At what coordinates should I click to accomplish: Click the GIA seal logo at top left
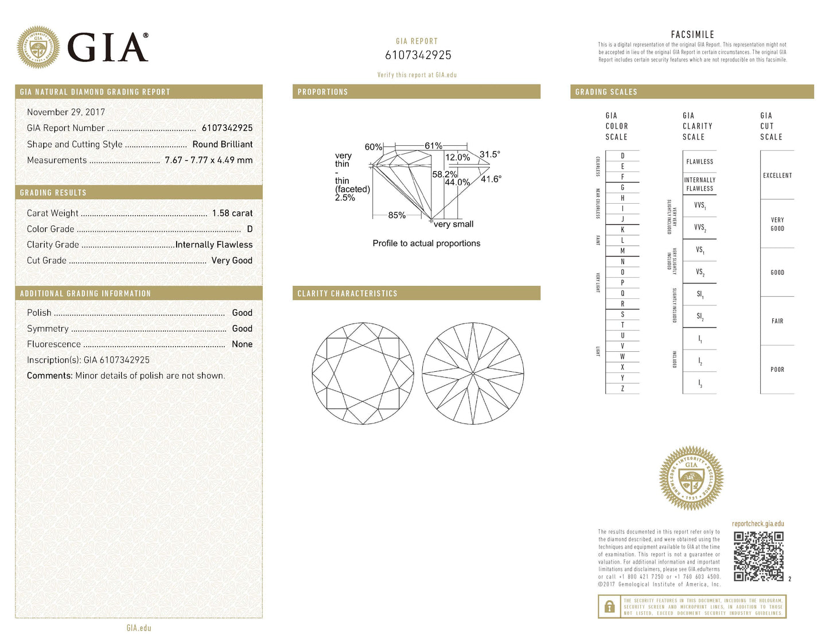pyautogui.click(x=38, y=47)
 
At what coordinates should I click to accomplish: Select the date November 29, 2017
pyautogui.click(x=66, y=112)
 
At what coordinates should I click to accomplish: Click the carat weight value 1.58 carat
pyautogui.click(x=232, y=213)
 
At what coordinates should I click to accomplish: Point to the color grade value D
pyautogui.click(x=250, y=229)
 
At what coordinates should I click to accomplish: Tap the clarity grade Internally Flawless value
pyautogui.click(x=213, y=244)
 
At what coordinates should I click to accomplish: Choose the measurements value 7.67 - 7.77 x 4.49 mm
pyautogui.click(x=208, y=160)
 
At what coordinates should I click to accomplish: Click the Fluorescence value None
pyautogui.click(x=242, y=344)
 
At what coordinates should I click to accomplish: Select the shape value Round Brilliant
pyautogui.click(x=222, y=144)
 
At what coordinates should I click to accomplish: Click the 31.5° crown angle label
pyautogui.click(x=489, y=154)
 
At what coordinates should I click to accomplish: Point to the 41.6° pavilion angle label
pyautogui.click(x=491, y=179)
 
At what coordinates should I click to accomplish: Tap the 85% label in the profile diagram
pyautogui.click(x=396, y=215)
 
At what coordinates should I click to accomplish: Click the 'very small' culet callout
pyautogui.click(x=453, y=224)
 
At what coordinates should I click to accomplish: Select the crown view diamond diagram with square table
pyautogui.click(x=363, y=374)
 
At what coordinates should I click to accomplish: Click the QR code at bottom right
pyautogui.click(x=758, y=556)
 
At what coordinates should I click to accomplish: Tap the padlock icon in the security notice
pyautogui.click(x=609, y=607)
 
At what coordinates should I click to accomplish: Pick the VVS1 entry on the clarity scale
pyautogui.click(x=699, y=205)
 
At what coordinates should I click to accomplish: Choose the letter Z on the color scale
pyautogui.click(x=622, y=389)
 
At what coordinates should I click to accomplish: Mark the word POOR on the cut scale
pyautogui.click(x=777, y=370)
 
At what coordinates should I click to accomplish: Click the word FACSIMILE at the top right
pyautogui.click(x=692, y=34)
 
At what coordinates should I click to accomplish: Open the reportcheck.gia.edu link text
pyautogui.click(x=757, y=523)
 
